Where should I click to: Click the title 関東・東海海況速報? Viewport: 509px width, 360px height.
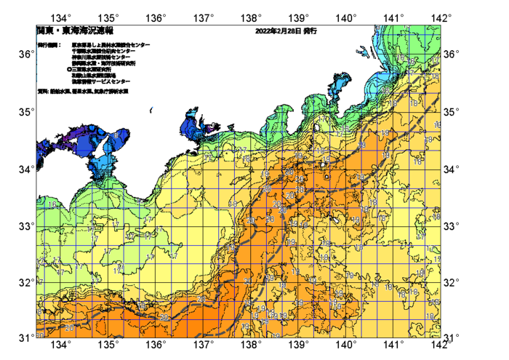point(75,32)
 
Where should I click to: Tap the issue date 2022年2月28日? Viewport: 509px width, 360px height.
point(278,32)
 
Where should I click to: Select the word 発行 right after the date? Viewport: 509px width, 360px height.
point(310,32)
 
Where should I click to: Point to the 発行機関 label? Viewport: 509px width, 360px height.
point(49,45)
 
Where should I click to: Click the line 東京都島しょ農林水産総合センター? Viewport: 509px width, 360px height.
point(111,45)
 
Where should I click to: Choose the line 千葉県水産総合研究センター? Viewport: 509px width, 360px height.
point(104,51)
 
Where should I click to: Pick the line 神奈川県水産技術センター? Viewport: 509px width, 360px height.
point(102,57)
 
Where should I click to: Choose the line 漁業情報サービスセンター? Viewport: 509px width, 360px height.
point(100,82)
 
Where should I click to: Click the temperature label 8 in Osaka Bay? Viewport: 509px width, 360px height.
point(115,135)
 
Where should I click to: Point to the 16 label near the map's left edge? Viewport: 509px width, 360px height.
point(51,206)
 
